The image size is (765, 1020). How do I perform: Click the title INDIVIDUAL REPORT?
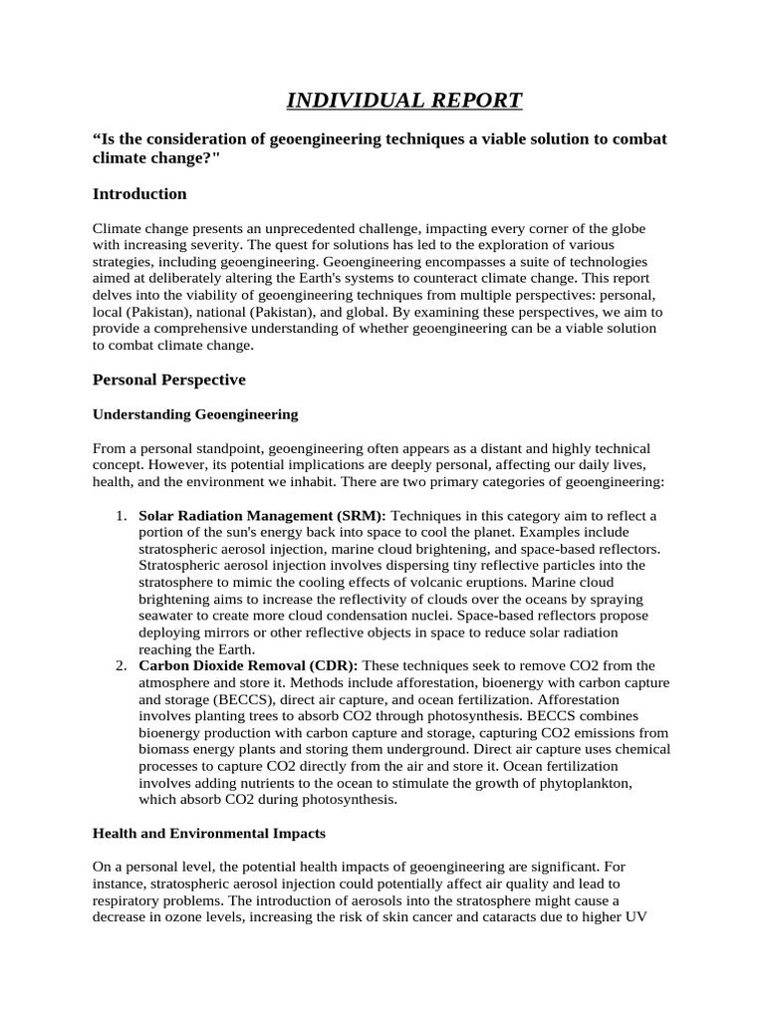click(404, 100)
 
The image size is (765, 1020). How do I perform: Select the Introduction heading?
click(139, 193)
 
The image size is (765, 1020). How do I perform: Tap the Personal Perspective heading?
click(168, 380)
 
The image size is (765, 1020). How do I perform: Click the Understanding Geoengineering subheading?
click(195, 414)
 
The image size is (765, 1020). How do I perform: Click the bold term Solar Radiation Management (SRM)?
click(262, 515)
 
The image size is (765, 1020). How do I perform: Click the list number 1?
click(120, 515)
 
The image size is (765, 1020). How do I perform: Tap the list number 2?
click(120, 664)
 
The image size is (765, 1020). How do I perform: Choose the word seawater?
click(170, 616)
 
